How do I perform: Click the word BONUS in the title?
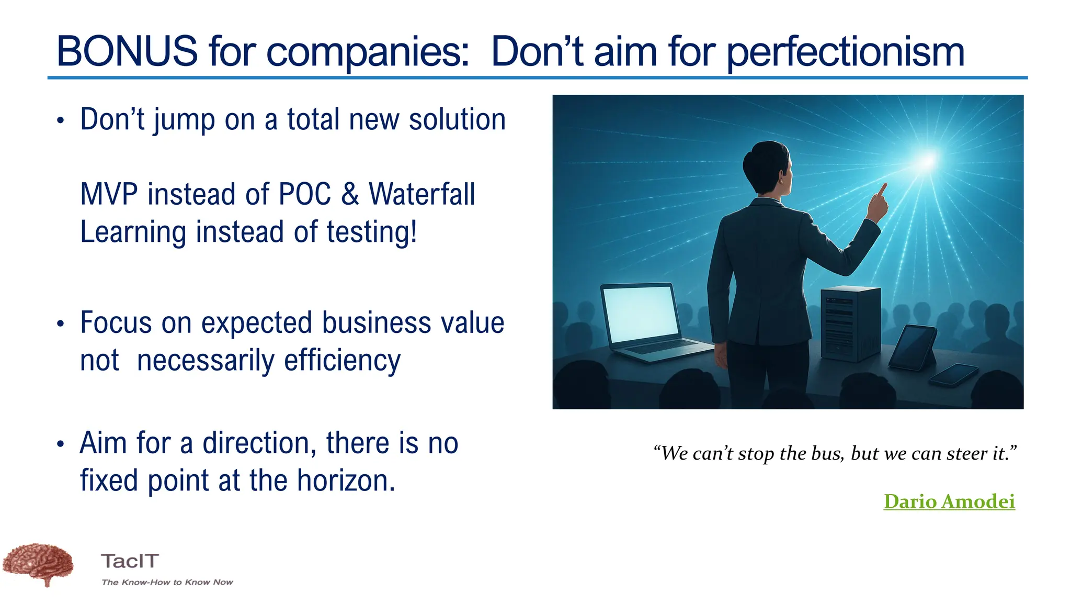[x=127, y=51]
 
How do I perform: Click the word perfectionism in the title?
[x=845, y=52]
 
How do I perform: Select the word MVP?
[x=109, y=194]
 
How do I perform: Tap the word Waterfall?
[x=421, y=194]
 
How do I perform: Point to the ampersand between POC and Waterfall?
[x=350, y=194]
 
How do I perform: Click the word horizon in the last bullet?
[x=345, y=481]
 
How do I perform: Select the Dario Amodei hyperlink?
[x=949, y=501]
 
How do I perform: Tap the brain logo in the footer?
[x=39, y=563]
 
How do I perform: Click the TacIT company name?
[x=130, y=561]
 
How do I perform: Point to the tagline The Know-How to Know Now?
[x=167, y=582]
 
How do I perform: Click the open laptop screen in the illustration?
[x=640, y=314]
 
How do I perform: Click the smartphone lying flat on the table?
[x=953, y=375]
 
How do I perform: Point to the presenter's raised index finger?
[x=882, y=189]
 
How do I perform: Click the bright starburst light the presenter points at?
[x=927, y=160]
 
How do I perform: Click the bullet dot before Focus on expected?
[x=61, y=324]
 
